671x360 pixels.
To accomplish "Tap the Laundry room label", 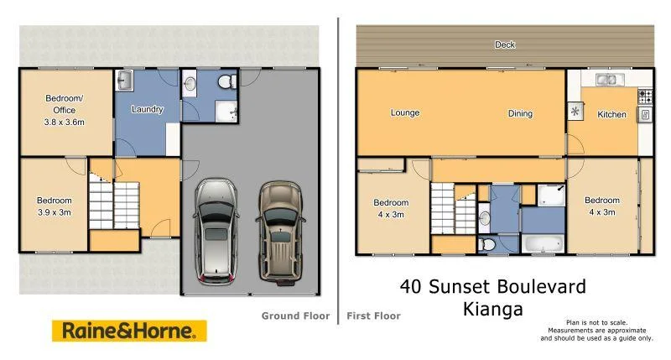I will click(x=147, y=109).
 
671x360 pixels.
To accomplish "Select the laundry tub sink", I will click(x=124, y=81).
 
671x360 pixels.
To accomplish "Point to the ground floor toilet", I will click(x=224, y=82).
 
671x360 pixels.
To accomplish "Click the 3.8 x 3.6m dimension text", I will click(x=65, y=122).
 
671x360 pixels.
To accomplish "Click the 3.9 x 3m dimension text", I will click(x=55, y=212).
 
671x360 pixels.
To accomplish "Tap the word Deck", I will click(x=504, y=44).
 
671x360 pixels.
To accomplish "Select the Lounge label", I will click(x=404, y=112).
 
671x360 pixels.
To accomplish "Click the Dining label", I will click(x=519, y=113).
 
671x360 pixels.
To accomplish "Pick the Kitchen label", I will click(x=611, y=114).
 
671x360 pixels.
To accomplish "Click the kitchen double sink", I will click(x=607, y=80).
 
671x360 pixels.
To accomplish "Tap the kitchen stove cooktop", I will click(x=645, y=95).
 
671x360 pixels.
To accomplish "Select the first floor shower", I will click(x=550, y=196).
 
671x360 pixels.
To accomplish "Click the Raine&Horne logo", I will click(x=129, y=330).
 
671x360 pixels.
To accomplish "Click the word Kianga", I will click(x=492, y=309).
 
